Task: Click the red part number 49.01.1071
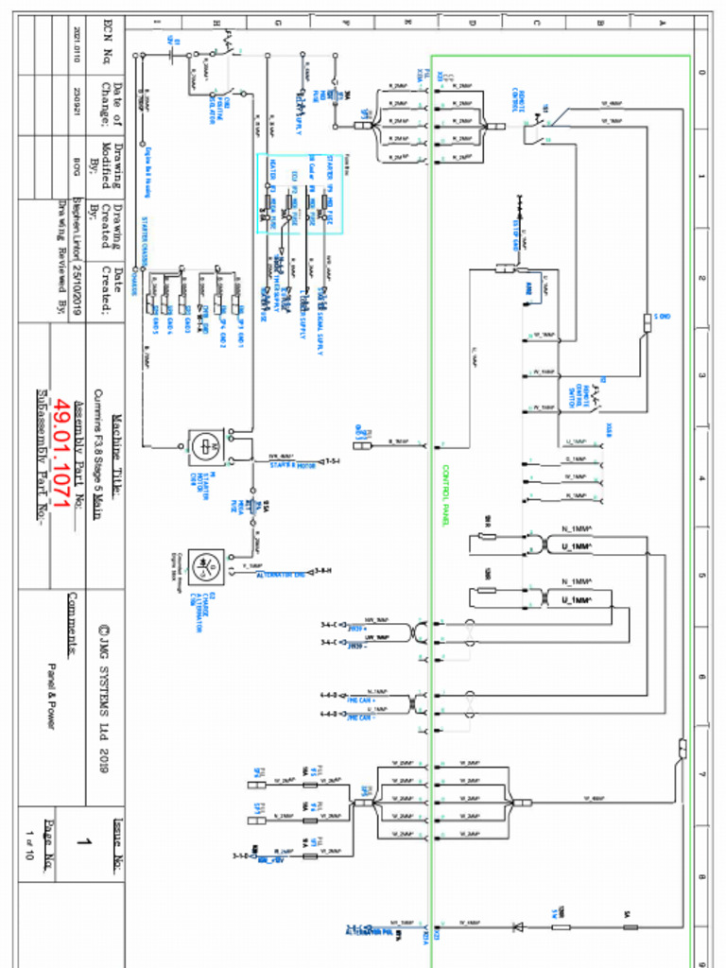tap(61, 458)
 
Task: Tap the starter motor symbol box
tap(202, 443)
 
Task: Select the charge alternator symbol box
tap(202, 566)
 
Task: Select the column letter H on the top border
tap(216, 22)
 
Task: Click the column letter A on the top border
tap(662, 22)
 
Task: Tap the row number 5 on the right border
tap(700, 576)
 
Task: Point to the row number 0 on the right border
tap(700, 72)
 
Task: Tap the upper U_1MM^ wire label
tap(577, 546)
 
